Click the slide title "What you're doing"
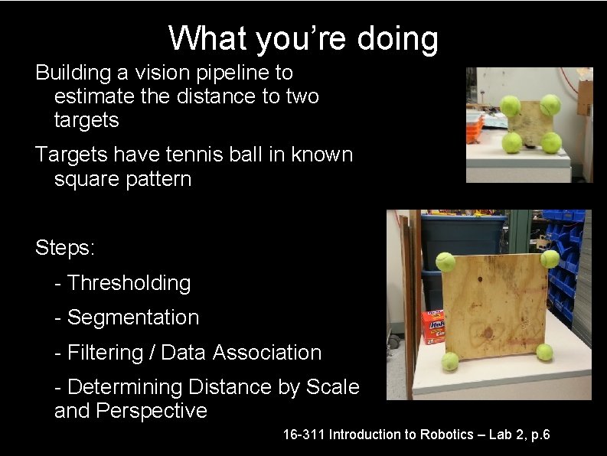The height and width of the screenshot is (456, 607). click(x=303, y=37)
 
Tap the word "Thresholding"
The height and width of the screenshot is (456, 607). click(x=129, y=283)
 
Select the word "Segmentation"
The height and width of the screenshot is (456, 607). click(x=133, y=318)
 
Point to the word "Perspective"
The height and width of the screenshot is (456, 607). click(x=152, y=411)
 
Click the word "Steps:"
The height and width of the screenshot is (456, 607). click(x=64, y=248)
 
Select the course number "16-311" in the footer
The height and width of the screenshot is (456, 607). click(x=302, y=435)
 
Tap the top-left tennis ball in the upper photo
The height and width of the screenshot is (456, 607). click(x=510, y=106)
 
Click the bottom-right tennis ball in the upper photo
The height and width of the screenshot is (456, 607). click(x=551, y=142)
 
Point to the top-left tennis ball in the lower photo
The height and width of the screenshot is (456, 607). click(x=445, y=262)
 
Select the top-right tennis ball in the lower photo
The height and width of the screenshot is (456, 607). click(x=550, y=259)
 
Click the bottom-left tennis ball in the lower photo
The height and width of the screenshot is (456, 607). click(x=450, y=360)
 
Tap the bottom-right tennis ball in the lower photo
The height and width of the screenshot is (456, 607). click(x=544, y=352)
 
